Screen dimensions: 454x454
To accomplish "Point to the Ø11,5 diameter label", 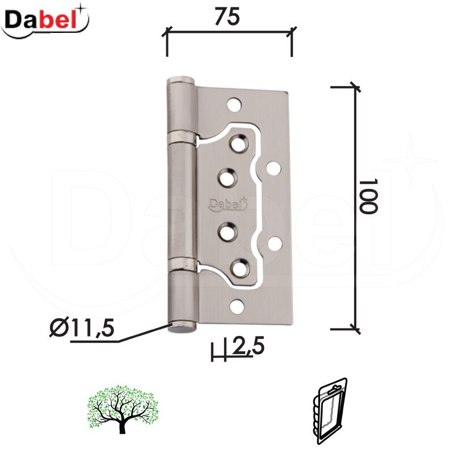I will tap(82, 327).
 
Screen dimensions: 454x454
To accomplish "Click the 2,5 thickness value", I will tap(248, 346).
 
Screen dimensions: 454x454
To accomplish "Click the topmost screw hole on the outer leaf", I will tap(234, 104).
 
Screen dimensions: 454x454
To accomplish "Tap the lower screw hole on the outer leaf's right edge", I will tap(275, 243).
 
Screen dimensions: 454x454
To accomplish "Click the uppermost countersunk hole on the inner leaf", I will tap(239, 143).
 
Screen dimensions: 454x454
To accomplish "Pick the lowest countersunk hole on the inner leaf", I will tap(240, 266).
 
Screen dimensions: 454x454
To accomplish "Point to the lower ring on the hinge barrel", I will tap(183, 263).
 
